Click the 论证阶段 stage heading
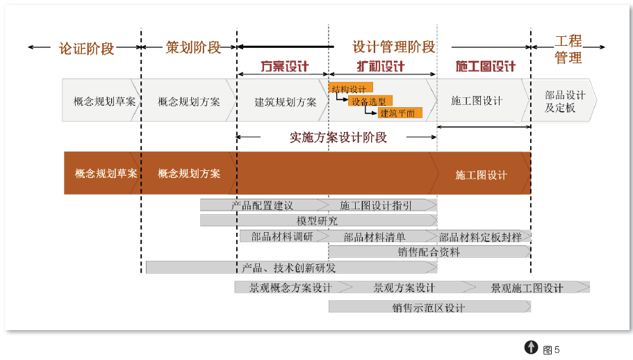86,48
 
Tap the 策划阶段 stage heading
193,47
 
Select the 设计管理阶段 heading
393,47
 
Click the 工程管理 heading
568,49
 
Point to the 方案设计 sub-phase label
284,67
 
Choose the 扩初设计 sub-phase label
381,67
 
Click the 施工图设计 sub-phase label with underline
485,67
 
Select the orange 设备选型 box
369,101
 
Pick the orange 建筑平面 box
399,113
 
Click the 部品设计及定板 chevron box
560,101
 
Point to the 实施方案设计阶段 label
338,137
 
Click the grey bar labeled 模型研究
318,220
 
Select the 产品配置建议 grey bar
263,205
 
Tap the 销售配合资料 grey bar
429,252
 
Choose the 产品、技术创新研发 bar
288,267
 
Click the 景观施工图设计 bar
527,287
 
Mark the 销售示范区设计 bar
428,306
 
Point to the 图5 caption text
551,349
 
